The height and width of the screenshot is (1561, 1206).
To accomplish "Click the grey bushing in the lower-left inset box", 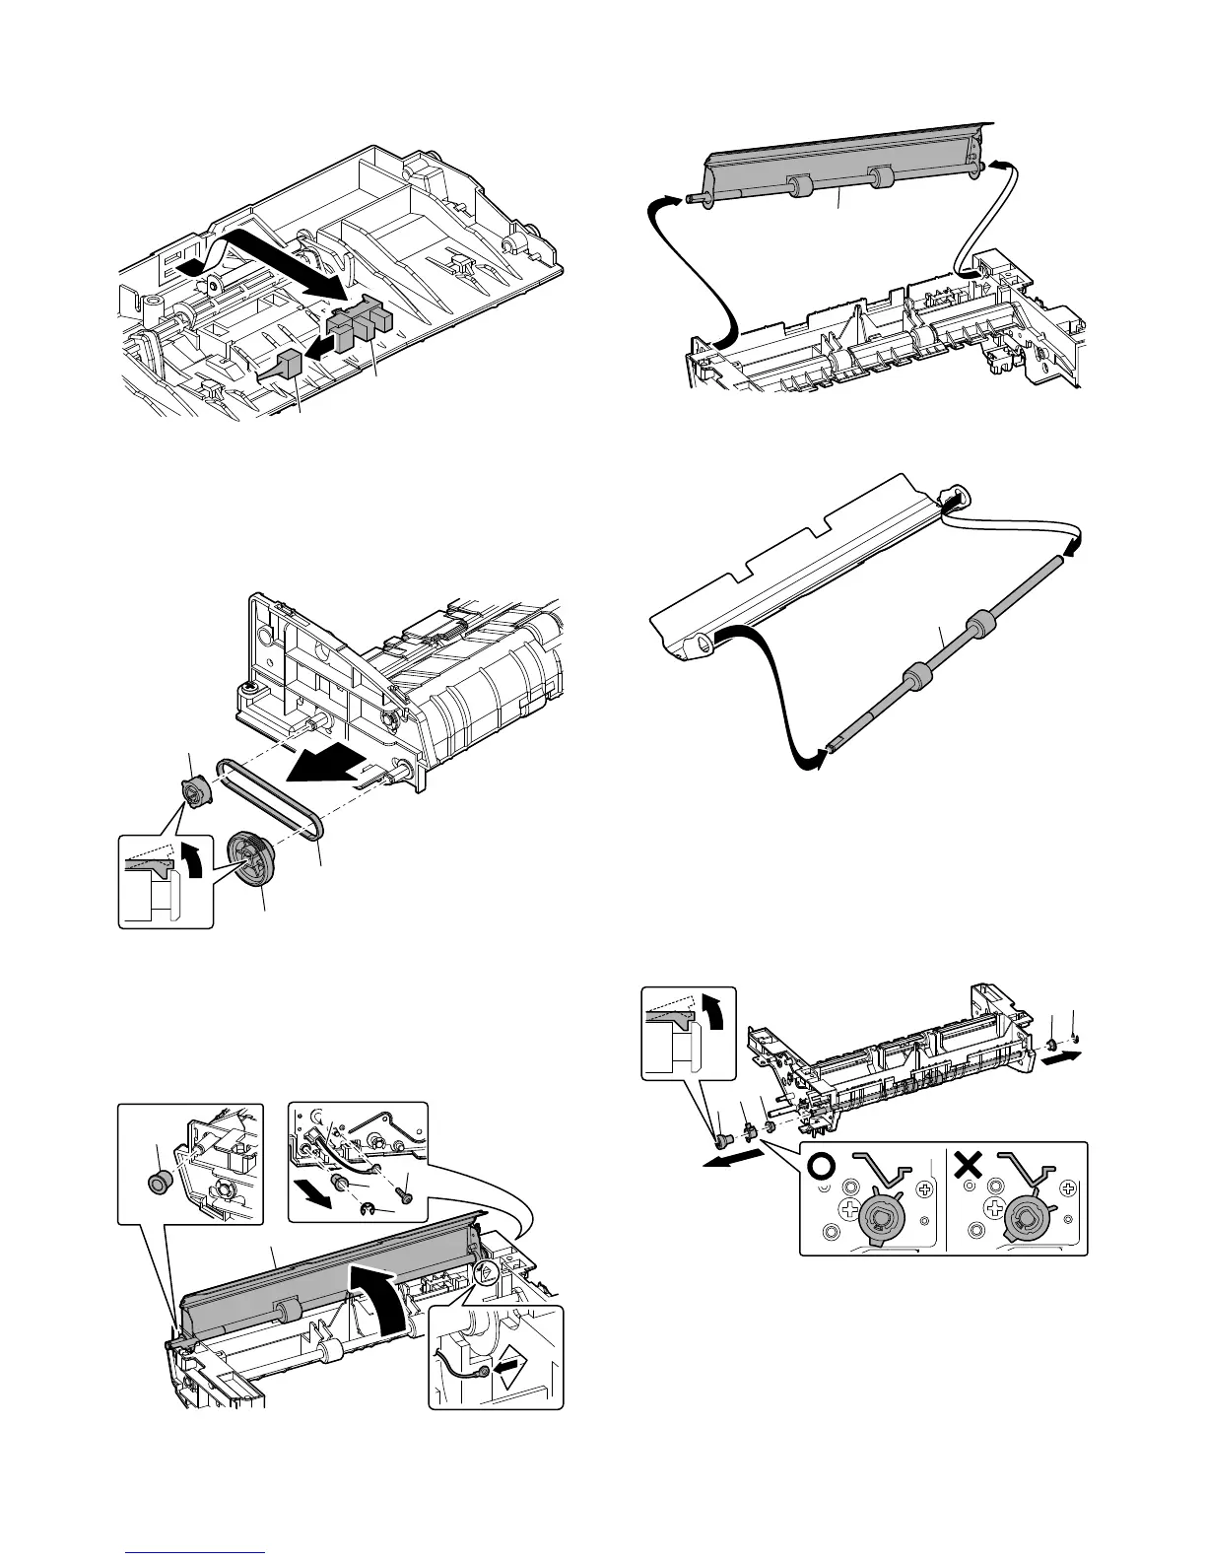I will click(155, 1182).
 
